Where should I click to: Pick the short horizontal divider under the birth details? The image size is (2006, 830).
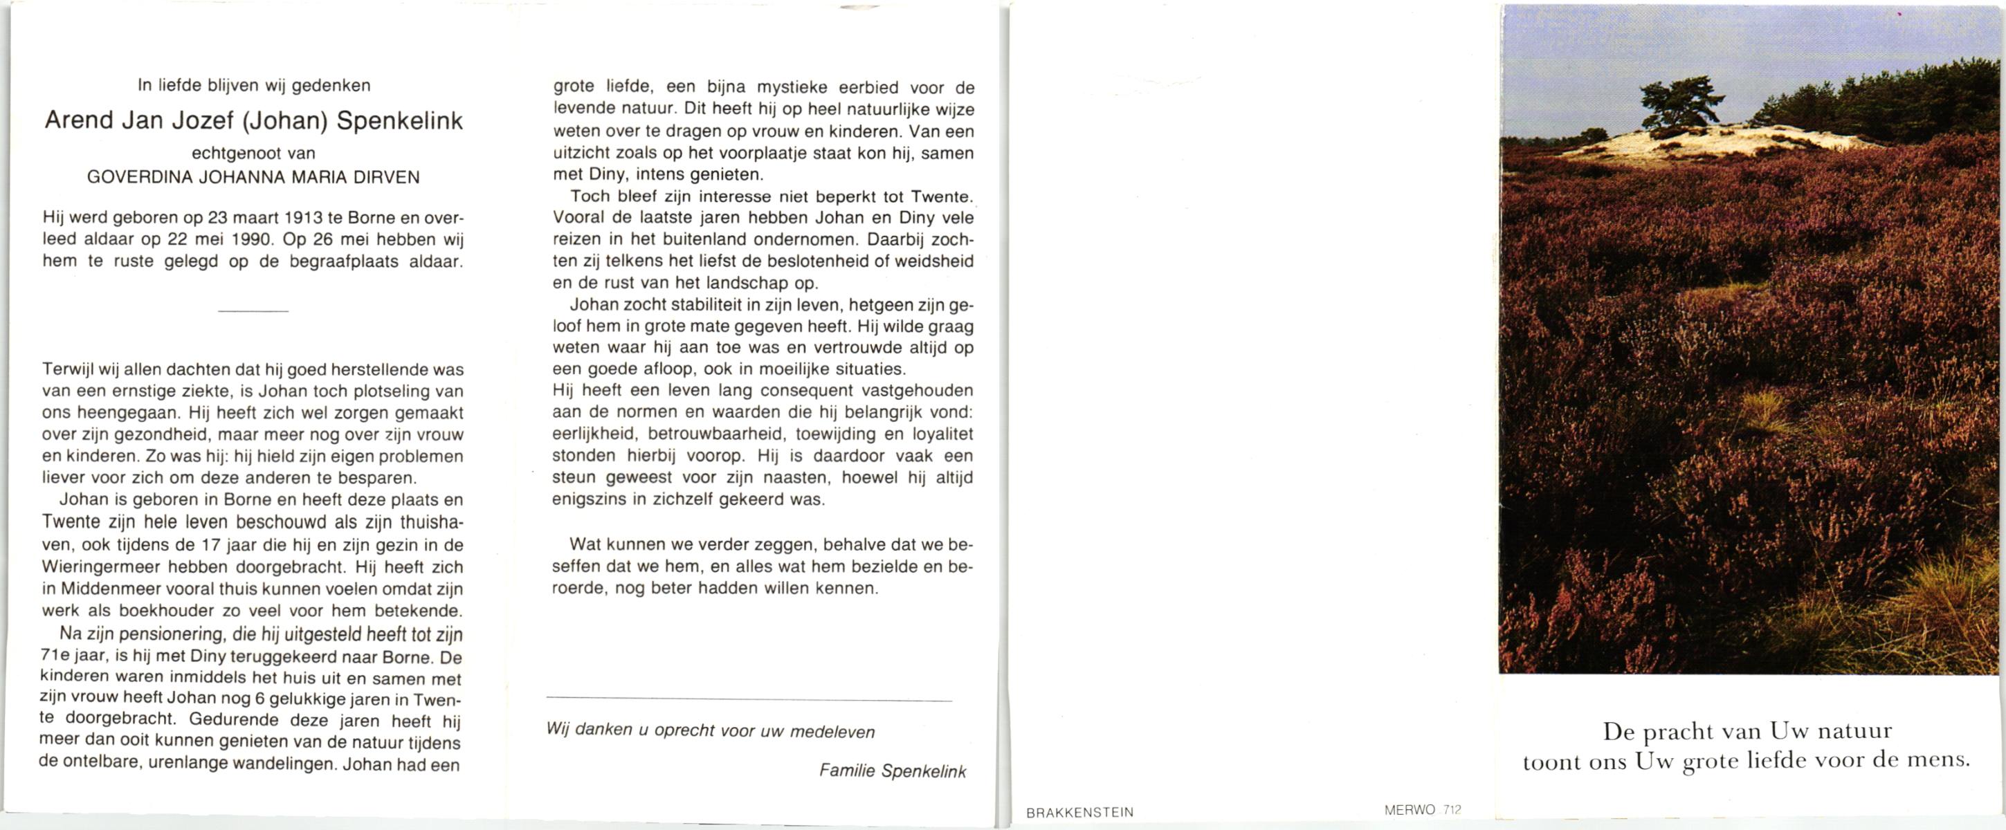(253, 311)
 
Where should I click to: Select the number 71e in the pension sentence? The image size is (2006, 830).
(55, 656)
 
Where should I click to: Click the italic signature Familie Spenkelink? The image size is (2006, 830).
(892, 772)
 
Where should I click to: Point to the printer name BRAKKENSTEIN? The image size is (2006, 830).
(1079, 813)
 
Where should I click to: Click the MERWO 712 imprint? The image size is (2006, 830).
(1422, 810)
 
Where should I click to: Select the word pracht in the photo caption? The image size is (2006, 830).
(1677, 732)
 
